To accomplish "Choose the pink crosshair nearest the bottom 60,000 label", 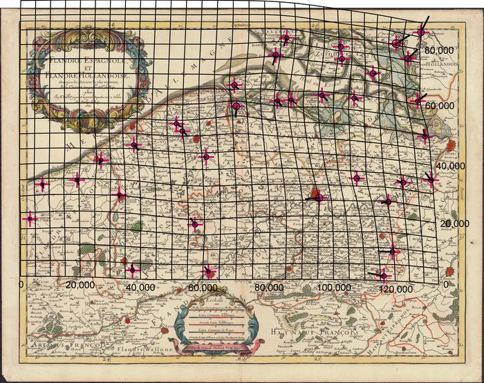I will point(209,271).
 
